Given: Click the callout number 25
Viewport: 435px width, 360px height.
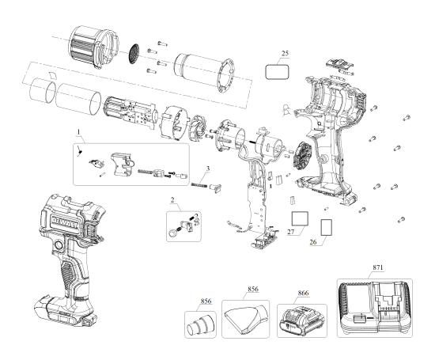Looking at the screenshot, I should tap(286, 54).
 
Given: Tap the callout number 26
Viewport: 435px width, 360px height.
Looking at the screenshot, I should tap(313, 243).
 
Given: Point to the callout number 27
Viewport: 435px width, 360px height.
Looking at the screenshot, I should tap(290, 233).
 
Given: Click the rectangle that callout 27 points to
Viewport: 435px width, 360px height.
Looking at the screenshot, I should tap(299, 218).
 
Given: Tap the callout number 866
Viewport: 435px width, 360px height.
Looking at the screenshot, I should tap(301, 293).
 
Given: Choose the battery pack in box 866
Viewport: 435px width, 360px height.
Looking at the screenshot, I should tap(301, 320).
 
